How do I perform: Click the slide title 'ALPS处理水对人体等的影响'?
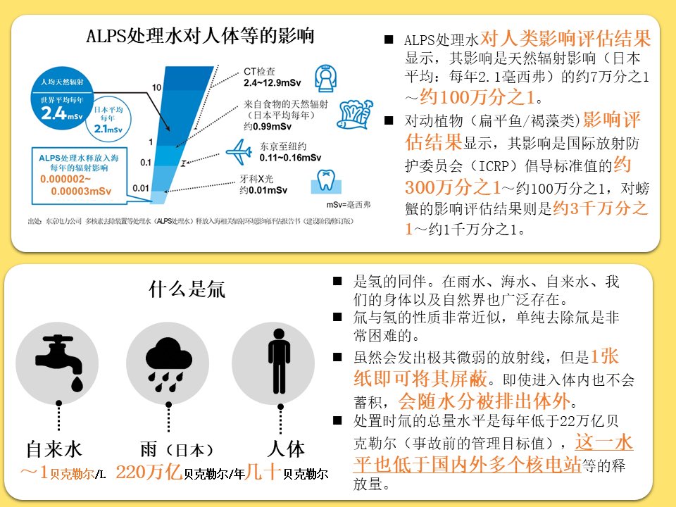pos(199,36)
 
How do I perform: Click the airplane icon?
pos(240,151)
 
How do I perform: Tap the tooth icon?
pos(325,180)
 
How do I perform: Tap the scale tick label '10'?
pos(156,87)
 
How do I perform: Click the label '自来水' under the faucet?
pos(54,451)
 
